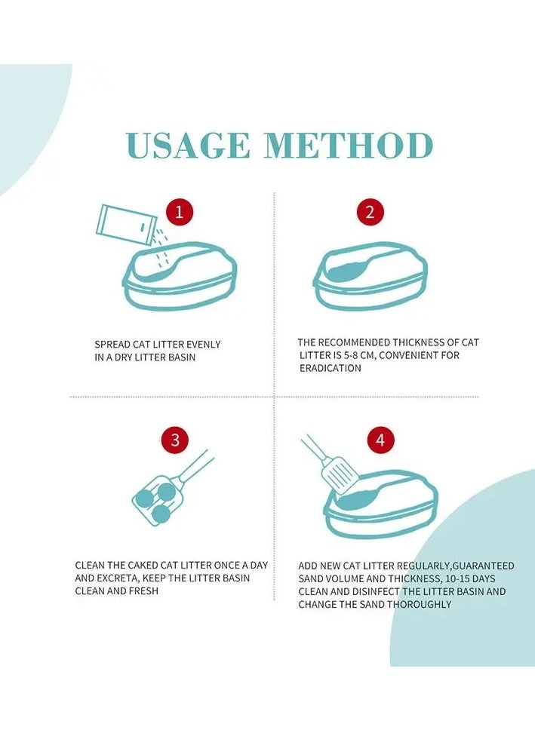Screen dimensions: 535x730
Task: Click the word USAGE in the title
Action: coord(188,146)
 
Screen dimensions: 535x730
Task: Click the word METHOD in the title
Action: coord(349,146)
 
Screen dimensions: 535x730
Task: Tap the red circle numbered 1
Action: coord(180,213)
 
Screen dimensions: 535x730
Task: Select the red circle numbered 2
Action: coord(370,213)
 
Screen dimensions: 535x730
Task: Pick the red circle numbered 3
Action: coord(175,440)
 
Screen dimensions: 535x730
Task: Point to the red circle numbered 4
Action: coord(381,440)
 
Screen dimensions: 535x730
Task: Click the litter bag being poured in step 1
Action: coord(126,225)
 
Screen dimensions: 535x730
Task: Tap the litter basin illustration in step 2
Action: coord(371,275)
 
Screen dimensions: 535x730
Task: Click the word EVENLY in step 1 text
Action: coord(203,345)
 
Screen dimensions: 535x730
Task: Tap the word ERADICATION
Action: coord(331,368)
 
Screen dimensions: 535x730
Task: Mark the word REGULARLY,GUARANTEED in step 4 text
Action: coord(455,566)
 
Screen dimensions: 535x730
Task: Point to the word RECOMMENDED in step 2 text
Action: coord(354,342)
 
